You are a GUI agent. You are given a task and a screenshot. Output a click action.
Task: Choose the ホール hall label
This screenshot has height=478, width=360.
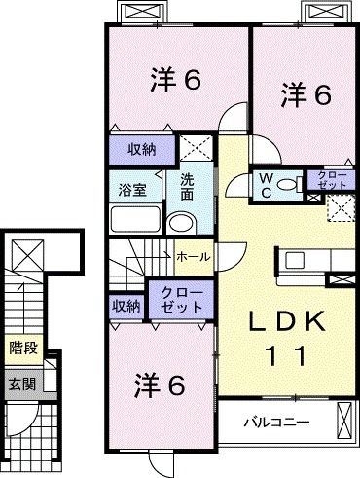pos(189,256)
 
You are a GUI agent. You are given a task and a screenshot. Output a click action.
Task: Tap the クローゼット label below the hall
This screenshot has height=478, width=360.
pos(176,299)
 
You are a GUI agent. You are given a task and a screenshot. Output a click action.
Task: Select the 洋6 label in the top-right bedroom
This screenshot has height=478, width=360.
pos(306,94)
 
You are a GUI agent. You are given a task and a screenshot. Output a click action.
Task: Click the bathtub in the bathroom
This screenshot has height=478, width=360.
pos(132,217)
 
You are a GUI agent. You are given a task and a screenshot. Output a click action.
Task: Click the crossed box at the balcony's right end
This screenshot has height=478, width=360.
pos(344,421)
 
